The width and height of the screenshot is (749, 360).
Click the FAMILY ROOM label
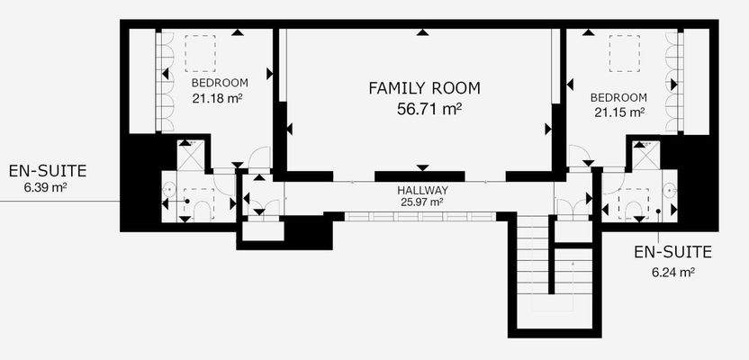(424, 88)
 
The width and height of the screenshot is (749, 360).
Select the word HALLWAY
(422, 190)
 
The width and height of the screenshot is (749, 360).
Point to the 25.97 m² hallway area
(422, 202)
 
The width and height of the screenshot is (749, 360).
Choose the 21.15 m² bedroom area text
(619, 112)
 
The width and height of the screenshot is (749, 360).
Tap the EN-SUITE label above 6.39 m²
(48, 170)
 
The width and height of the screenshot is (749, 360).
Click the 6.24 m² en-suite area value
(672, 273)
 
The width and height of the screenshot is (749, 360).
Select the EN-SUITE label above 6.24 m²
(672, 252)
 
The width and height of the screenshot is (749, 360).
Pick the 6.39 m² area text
(45, 187)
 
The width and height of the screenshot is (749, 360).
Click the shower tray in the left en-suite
(191, 155)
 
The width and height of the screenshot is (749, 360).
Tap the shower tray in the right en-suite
(646, 156)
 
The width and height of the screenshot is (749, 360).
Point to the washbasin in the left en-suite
(168, 190)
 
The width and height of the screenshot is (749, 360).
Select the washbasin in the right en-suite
(671, 190)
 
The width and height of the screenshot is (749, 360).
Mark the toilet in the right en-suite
(634, 211)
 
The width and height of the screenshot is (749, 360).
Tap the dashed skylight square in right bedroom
(625, 53)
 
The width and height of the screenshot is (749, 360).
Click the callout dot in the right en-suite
(658, 211)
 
